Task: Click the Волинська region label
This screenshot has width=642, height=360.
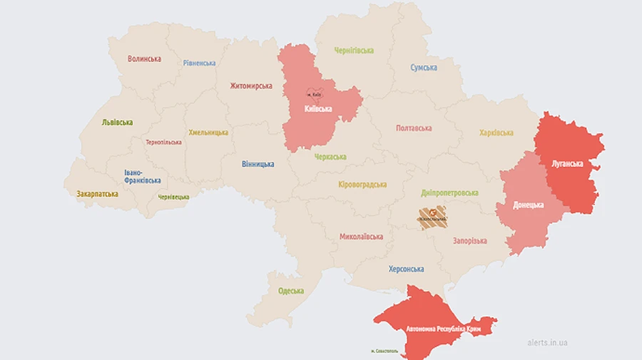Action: [x=144, y=59]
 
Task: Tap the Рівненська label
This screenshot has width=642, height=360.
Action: [x=199, y=63]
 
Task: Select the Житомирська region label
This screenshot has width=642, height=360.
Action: [x=251, y=86]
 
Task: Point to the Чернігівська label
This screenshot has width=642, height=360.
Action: [x=354, y=51]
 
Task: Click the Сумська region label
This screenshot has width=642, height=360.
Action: [x=424, y=68]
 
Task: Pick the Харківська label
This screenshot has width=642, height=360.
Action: [x=496, y=133]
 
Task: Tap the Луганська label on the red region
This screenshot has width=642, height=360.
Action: [x=567, y=164]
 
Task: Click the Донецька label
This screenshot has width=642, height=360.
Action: [x=529, y=205]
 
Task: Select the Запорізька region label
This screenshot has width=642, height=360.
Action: [x=469, y=241]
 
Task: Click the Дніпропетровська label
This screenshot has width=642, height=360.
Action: [x=449, y=193]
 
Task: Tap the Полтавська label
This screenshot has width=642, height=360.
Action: [x=414, y=128]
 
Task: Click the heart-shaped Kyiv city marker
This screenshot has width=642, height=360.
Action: [x=315, y=94]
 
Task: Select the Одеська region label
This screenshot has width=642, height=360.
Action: [x=291, y=291]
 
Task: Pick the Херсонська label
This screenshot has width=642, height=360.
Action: [x=406, y=269]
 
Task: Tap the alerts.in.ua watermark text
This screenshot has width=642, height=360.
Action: [x=546, y=343]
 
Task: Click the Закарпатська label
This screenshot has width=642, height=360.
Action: [x=98, y=194]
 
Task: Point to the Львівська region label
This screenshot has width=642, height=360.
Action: [x=117, y=123]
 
